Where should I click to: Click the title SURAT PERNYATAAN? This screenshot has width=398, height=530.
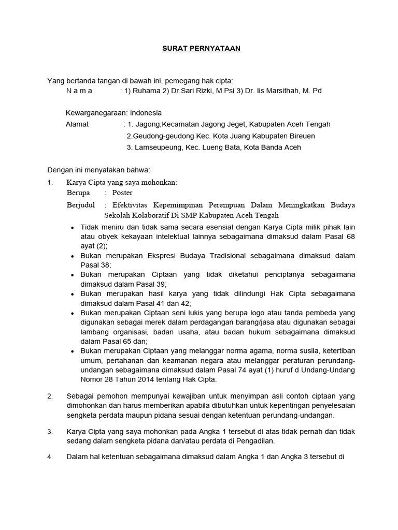click(199, 49)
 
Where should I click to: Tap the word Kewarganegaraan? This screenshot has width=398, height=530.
click(96, 113)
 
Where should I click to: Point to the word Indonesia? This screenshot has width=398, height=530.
click(146, 113)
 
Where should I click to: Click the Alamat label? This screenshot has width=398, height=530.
click(77, 124)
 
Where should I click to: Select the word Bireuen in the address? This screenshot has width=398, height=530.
click(301, 136)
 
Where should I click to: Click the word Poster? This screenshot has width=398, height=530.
click(122, 193)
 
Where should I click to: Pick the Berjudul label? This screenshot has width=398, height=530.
click(81, 204)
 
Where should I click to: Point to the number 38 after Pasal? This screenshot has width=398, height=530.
click(104, 264)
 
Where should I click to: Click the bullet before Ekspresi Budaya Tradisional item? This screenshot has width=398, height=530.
click(73, 256)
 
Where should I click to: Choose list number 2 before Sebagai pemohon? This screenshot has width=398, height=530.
click(50, 396)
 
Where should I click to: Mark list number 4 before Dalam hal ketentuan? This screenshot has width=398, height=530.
click(50, 457)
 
